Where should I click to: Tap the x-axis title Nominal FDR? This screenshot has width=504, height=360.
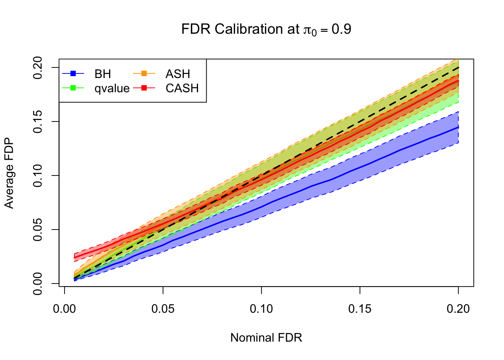266,337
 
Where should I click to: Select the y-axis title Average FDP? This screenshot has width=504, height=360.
9,173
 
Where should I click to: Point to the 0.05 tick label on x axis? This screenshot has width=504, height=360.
163,309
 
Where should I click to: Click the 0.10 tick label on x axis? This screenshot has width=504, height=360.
261,309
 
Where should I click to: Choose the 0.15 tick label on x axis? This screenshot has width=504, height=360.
360,309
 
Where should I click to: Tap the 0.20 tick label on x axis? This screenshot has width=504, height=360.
458,309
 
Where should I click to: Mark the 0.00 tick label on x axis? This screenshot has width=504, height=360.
65,309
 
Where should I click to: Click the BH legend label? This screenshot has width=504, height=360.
103,74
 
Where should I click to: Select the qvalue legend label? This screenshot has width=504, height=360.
112,88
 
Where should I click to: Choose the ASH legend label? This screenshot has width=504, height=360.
178,74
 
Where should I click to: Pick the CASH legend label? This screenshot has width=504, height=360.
182,88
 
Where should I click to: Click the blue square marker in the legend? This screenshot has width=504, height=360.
73,73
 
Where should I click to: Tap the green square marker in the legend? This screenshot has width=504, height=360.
73,88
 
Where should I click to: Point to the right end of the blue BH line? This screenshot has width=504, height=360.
458,127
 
